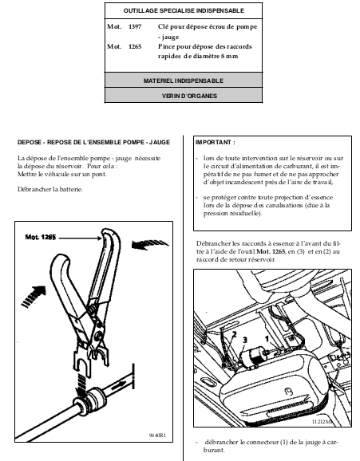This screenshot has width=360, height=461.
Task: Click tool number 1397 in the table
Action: pyautogui.click(x=135, y=27)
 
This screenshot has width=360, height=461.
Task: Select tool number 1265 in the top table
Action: pyautogui.click(x=135, y=46)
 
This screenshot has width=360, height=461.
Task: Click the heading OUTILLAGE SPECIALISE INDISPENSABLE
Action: pyautogui.click(x=184, y=10)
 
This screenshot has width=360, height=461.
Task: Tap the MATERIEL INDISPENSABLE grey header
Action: pyautogui.click(x=184, y=81)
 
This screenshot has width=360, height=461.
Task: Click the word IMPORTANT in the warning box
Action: pyautogui.click(x=213, y=142)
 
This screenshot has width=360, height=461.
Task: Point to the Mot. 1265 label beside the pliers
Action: pyautogui.click(x=41, y=237)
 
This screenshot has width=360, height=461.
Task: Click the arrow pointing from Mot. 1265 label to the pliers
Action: pyautogui.click(x=80, y=238)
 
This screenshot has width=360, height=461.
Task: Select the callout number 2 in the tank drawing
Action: pyautogui.click(x=235, y=334)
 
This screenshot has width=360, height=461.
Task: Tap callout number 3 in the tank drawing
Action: pyautogui.click(x=245, y=340)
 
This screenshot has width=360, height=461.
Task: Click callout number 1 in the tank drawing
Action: pyautogui.click(x=267, y=339)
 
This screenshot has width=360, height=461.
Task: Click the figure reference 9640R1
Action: pyautogui.click(x=157, y=435)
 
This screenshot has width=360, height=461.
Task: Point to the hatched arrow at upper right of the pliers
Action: pyautogui.click(x=149, y=245)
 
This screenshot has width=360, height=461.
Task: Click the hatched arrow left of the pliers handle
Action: pyautogui.click(x=34, y=297)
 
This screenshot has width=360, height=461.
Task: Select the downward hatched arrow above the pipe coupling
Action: pyautogui.click(x=80, y=385)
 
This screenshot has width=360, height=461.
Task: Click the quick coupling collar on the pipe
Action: pyautogui.click(x=89, y=401)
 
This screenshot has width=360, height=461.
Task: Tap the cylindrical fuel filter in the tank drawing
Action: pyautogui.click(x=252, y=357)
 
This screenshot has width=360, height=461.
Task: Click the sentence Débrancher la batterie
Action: pyautogui.click(x=50, y=189)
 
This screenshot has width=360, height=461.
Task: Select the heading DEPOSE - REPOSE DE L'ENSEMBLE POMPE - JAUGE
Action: pyautogui.click(x=93, y=142)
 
